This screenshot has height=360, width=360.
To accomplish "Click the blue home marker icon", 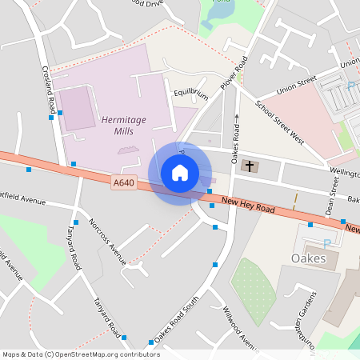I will point(180,173).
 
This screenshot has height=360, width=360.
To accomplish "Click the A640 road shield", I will point(123,183).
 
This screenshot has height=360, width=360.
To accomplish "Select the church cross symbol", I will point(249,166).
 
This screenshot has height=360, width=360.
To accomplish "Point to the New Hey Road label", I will point(248,206).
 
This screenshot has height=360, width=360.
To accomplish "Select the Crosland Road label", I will point(49,89).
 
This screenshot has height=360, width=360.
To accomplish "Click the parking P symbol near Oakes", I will point(326,242).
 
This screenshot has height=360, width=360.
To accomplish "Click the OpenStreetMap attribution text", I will point(80,354).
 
